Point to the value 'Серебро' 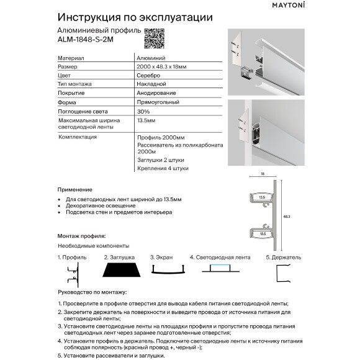tap(147, 74)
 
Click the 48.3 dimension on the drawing tap(287, 217)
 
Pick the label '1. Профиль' tap(71, 256)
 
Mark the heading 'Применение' tap(75, 189)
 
